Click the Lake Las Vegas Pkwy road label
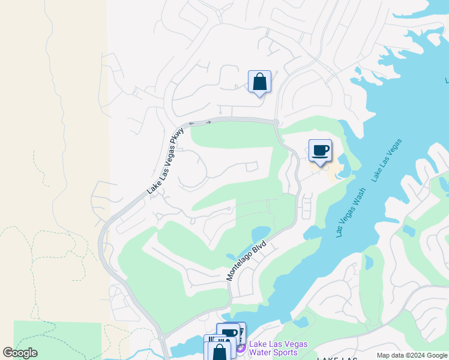tap(164, 164)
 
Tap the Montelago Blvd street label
tap(246, 261)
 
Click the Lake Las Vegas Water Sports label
tap(278, 348)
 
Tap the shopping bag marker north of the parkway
tap(259, 82)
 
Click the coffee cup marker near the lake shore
tap(320, 150)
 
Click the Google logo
tap(20, 353)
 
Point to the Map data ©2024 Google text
tap(412, 355)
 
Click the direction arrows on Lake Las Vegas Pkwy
tap(200, 123)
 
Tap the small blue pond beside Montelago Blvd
tap(262, 233)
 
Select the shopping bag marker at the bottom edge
tap(220, 352)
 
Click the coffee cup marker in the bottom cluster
tap(229, 333)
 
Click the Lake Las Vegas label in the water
tap(386, 160)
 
